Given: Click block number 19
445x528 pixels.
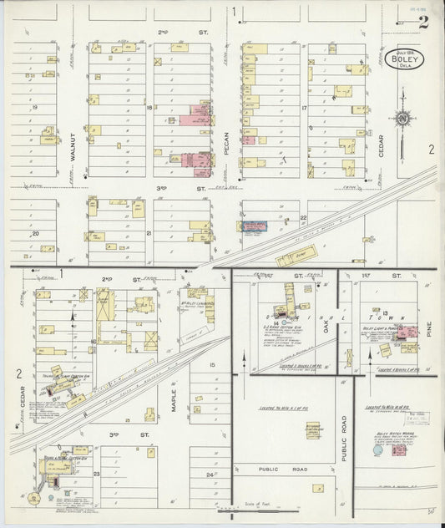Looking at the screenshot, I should (x=35, y=108).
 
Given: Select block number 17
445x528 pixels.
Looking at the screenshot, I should (x=305, y=109).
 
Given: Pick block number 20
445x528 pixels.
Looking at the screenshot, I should (x=35, y=234).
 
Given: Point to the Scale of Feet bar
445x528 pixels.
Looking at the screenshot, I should (x=248, y=506).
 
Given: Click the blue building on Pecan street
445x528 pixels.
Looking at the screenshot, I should (x=254, y=226).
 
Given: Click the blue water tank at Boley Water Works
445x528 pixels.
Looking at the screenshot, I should (x=381, y=451).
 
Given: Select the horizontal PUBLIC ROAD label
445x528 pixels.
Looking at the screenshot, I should (x=283, y=470).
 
